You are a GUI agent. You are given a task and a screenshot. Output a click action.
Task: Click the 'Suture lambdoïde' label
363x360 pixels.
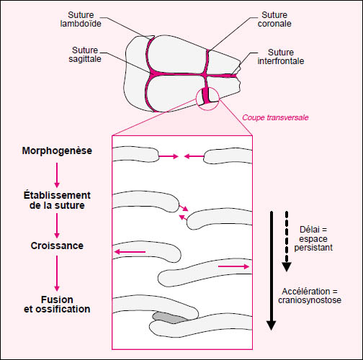click(x=81, y=19)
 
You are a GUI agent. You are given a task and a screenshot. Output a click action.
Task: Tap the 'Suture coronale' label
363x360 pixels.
click(x=274, y=19)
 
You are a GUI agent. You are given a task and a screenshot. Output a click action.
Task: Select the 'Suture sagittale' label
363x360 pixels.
click(x=85, y=55)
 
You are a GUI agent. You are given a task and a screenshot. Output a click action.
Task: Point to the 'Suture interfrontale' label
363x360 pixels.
click(x=281, y=57)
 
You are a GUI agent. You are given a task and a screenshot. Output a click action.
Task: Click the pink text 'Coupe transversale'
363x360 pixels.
click(x=275, y=117)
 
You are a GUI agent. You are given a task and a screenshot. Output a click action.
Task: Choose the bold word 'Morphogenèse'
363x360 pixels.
click(x=57, y=150)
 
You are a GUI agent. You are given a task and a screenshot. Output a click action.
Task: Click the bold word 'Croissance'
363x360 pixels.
click(x=57, y=246)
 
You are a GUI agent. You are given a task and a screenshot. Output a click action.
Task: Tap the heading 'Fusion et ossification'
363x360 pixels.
click(x=57, y=305)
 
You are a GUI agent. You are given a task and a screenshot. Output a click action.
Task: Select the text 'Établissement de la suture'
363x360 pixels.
click(x=57, y=200)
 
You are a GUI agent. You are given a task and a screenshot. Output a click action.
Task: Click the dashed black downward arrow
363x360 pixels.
click(x=287, y=241)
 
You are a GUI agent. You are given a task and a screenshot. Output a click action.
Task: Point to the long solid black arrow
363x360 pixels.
click(x=272, y=271)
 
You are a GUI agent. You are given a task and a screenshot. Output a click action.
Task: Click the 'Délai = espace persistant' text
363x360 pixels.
click(x=313, y=238)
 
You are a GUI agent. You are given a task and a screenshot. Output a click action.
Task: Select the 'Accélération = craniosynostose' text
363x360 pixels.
click(x=310, y=296)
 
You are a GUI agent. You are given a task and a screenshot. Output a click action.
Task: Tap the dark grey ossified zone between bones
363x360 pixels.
click(x=169, y=318)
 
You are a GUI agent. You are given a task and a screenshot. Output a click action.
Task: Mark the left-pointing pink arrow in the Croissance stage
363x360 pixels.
click(x=130, y=252)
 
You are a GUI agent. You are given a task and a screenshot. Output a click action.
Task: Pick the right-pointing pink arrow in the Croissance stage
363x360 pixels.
click(x=233, y=266)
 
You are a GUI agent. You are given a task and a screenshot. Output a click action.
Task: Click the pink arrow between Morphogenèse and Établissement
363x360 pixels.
click(x=57, y=175)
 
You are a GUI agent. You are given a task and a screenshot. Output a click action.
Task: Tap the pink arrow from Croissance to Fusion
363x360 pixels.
click(x=57, y=274)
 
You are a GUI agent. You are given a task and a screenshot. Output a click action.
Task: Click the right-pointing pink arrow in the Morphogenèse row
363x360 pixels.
click(x=169, y=156)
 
